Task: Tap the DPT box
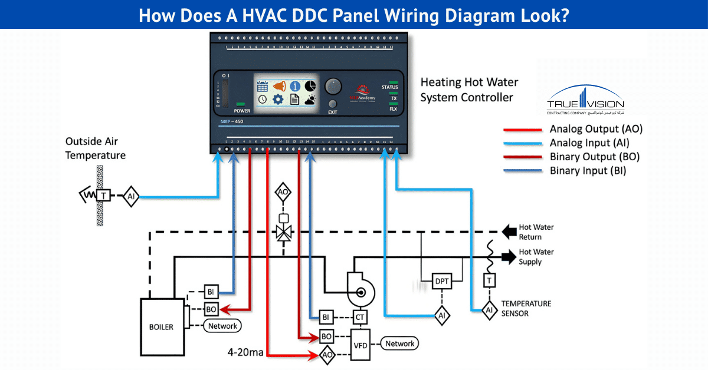[442, 281]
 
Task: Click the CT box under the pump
[360, 318]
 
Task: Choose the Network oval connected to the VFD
[399, 343]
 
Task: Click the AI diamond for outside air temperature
[130, 197]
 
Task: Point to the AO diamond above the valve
[284, 193]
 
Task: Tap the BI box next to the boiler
[211, 291]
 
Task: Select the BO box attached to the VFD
[326, 336]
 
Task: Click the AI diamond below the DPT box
[441, 316]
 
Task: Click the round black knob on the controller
[333, 86]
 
